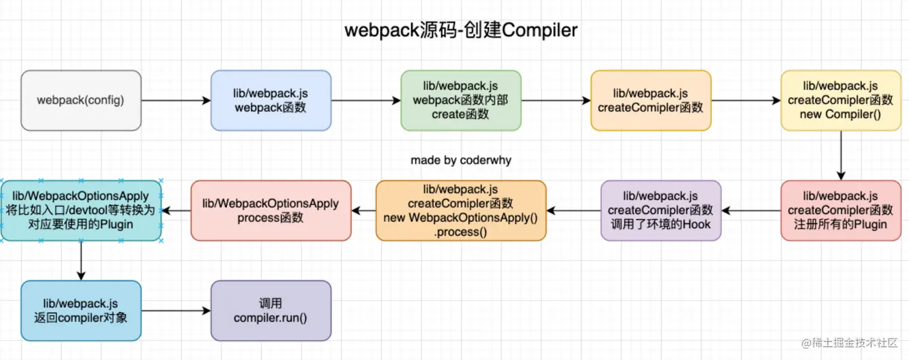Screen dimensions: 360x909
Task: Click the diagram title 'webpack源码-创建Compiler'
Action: [x=461, y=31]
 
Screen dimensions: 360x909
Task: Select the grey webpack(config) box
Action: [x=81, y=100]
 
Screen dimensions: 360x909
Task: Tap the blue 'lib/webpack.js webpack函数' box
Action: [x=271, y=100]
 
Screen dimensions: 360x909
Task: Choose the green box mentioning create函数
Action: [x=461, y=100]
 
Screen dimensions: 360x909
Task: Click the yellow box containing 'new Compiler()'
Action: [x=840, y=100]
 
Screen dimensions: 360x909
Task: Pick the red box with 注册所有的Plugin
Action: [x=840, y=210]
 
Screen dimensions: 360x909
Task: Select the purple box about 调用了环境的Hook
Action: [x=660, y=210]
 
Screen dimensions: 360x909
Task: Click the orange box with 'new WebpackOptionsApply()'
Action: [x=461, y=210]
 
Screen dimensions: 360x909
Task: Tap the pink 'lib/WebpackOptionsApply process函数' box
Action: [x=271, y=210]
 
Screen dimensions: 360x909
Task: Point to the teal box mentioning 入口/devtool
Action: [x=81, y=210]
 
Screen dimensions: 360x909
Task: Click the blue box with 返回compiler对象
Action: [x=81, y=310]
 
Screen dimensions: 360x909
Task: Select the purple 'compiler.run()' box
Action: [x=271, y=310]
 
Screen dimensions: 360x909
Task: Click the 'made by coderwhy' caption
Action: [x=461, y=160]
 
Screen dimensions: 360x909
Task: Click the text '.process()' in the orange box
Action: [x=461, y=231]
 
